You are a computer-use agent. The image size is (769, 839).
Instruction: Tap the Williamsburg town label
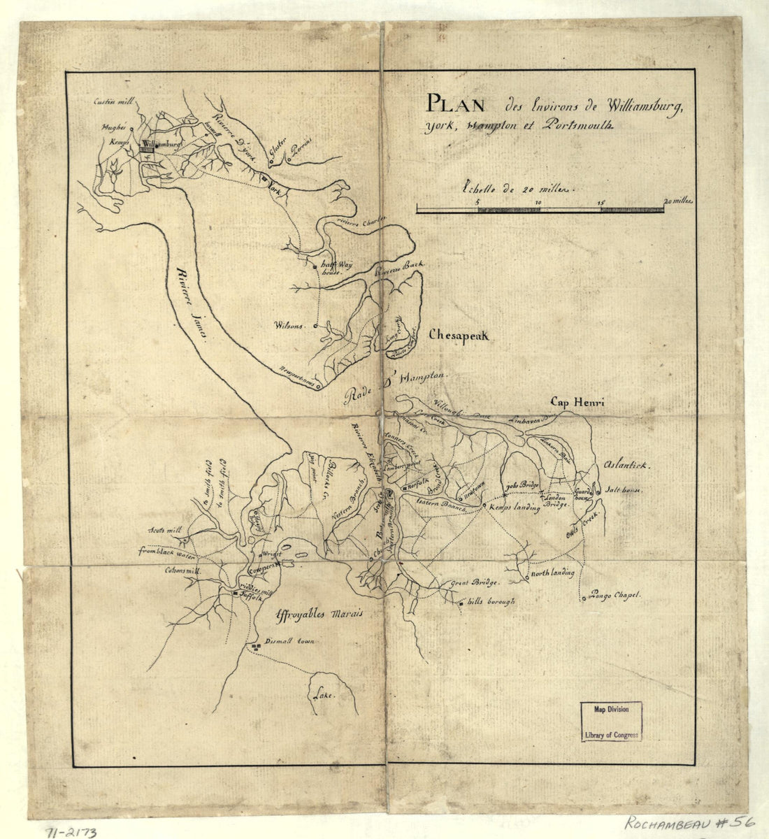(161, 144)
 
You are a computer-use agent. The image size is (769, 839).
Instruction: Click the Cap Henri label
(576, 402)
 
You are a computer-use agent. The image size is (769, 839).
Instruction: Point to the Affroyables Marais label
(319, 613)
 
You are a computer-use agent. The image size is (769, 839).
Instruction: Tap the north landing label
(553, 574)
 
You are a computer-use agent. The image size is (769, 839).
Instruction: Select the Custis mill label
(114, 102)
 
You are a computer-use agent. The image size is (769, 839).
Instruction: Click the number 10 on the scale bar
(538, 202)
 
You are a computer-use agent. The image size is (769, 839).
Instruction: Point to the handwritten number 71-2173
(72, 831)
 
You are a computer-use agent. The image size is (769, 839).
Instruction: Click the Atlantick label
(624, 465)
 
